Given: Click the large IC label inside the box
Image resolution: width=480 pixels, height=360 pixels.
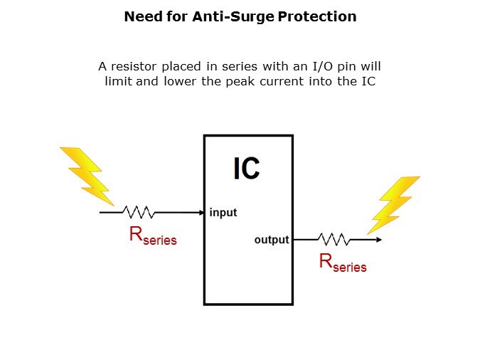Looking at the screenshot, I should tap(247, 169).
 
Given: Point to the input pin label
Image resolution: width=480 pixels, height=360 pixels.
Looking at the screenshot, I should tap(223, 213).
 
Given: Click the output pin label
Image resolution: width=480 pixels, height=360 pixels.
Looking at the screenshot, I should tap(272, 240).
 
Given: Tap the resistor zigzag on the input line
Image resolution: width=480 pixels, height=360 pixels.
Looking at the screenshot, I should tap(139, 212).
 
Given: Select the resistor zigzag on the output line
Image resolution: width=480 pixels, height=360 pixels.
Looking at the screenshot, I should tap(332, 239).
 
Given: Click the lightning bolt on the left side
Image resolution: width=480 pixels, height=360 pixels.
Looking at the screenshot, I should tap(87, 174).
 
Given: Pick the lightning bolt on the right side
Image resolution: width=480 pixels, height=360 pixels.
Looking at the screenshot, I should tap(393, 203).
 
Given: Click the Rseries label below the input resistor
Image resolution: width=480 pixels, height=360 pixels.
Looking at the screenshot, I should tap(153, 237).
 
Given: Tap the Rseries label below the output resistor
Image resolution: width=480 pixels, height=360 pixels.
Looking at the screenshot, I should tap(343, 263).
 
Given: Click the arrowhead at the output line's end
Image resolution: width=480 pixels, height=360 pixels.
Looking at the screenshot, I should tap(378, 239).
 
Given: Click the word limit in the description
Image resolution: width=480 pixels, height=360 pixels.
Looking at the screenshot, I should tap(119, 81).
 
